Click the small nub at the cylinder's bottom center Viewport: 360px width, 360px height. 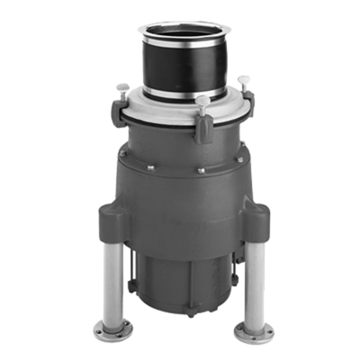click(184, 318)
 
